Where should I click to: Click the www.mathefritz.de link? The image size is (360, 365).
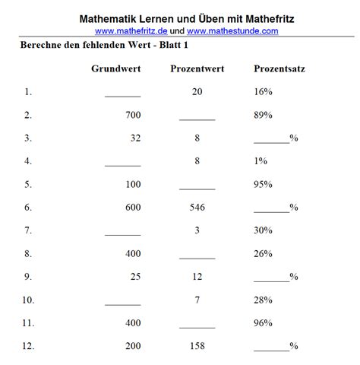(131, 30)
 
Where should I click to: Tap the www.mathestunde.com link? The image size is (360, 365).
(232, 30)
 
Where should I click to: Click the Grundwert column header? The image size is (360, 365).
(116, 68)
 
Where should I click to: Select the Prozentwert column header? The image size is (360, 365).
(197, 68)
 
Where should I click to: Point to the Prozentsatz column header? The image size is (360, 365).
(279, 68)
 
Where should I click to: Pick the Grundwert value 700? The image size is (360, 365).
(131, 116)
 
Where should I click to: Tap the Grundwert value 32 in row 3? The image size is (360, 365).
(134, 139)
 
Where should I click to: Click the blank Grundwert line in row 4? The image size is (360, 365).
(123, 165)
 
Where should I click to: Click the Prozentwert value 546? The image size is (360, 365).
(197, 208)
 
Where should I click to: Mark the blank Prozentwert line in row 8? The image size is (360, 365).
(197, 258)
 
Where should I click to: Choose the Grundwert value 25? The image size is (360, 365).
(134, 277)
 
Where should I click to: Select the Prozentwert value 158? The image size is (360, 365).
(197, 346)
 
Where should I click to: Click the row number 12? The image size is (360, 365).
(28, 346)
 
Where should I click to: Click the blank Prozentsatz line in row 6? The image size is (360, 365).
(271, 211)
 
